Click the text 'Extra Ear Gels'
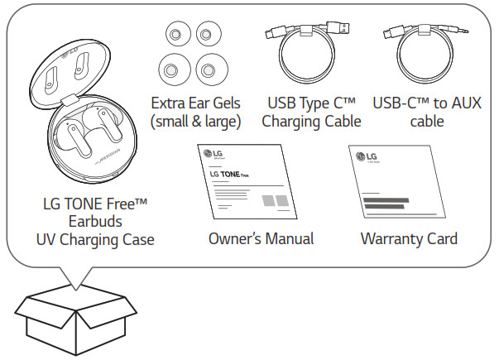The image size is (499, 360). [195, 103]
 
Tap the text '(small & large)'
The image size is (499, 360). [195, 122]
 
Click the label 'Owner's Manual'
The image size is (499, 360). [261, 239]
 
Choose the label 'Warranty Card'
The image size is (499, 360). [409, 239]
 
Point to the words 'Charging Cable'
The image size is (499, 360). [311, 122]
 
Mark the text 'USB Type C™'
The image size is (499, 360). [311, 103]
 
